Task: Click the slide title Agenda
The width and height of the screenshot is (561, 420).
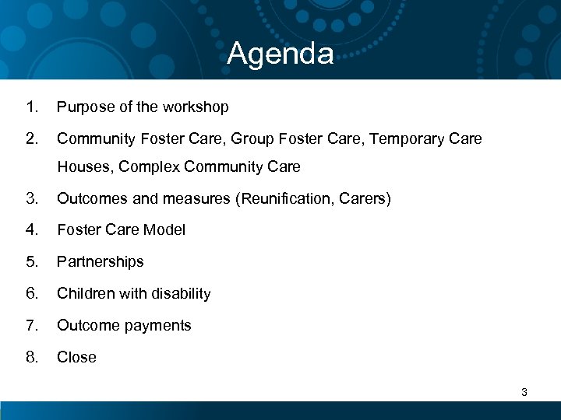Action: (280, 54)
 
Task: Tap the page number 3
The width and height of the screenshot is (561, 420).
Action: (524, 393)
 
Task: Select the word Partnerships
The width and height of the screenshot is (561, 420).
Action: (101, 262)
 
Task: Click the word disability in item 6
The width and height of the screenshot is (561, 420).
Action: (181, 293)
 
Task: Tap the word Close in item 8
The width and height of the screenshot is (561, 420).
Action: (76, 357)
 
